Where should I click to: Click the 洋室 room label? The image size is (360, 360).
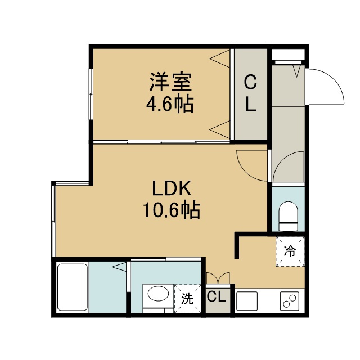click(x=170, y=82)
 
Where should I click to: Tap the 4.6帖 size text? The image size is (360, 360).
click(x=170, y=105)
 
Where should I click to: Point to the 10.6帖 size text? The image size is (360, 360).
click(x=172, y=210)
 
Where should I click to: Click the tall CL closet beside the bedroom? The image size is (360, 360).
click(x=250, y=94)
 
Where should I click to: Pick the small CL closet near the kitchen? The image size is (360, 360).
click(x=218, y=298)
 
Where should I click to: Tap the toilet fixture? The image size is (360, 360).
click(x=288, y=216)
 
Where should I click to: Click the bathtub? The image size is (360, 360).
click(x=73, y=287)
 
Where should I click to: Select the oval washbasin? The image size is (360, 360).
click(x=158, y=295)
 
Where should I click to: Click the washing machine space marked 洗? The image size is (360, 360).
click(x=187, y=299)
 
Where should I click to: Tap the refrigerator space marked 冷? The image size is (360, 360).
click(x=290, y=251)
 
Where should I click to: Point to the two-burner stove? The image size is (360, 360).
click(x=290, y=301)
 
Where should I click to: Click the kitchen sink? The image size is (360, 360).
click(x=247, y=301)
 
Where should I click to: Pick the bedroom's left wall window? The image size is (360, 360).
click(x=91, y=94)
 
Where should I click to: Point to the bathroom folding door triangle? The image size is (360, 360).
click(x=119, y=267)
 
